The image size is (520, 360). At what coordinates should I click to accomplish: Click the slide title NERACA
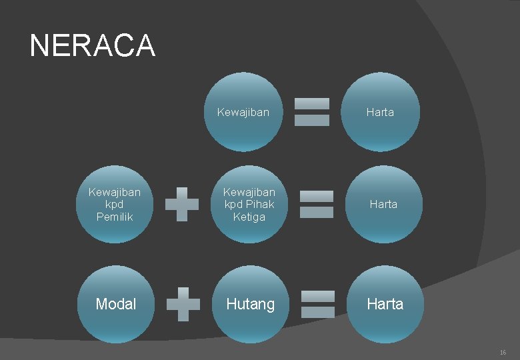pyautogui.click(x=92, y=45)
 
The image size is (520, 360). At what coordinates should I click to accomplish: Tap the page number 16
pyautogui.click(x=503, y=351)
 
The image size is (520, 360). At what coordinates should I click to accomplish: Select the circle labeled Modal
pyautogui.click(x=115, y=304)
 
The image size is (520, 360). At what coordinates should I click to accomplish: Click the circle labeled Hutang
pyautogui.click(x=251, y=304)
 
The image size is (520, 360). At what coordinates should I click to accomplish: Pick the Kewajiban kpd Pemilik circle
pyautogui.click(x=115, y=204)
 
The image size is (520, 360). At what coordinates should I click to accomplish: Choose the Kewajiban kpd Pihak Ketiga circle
pyautogui.click(x=249, y=204)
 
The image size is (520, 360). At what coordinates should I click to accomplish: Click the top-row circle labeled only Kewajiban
pyautogui.click(x=243, y=112)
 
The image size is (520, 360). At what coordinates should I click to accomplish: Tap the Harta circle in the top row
pyautogui.click(x=381, y=112)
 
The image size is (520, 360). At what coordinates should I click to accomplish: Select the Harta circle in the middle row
pyautogui.click(x=383, y=204)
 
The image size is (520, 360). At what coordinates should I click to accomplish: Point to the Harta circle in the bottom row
pyautogui.click(x=385, y=304)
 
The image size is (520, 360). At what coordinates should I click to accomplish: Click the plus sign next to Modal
pyautogui.click(x=183, y=304)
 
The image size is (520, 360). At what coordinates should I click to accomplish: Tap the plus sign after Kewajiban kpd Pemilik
pyautogui.click(x=181, y=204)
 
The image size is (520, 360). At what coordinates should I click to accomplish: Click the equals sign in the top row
pyautogui.click(x=312, y=112)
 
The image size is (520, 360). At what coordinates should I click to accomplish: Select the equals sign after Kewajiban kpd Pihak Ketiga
pyautogui.click(x=316, y=204)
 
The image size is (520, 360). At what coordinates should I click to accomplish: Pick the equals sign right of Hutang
pyautogui.click(x=317, y=304)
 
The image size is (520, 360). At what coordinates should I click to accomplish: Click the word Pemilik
pyautogui.click(x=115, y=217)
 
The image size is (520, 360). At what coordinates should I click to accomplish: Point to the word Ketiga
pyautogui.click(x=249, y=217)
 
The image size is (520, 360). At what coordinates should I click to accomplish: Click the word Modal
pyautogui.click(x=115, y=304)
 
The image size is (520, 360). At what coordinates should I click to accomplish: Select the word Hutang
pyautogui.click(x=251, y=304)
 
